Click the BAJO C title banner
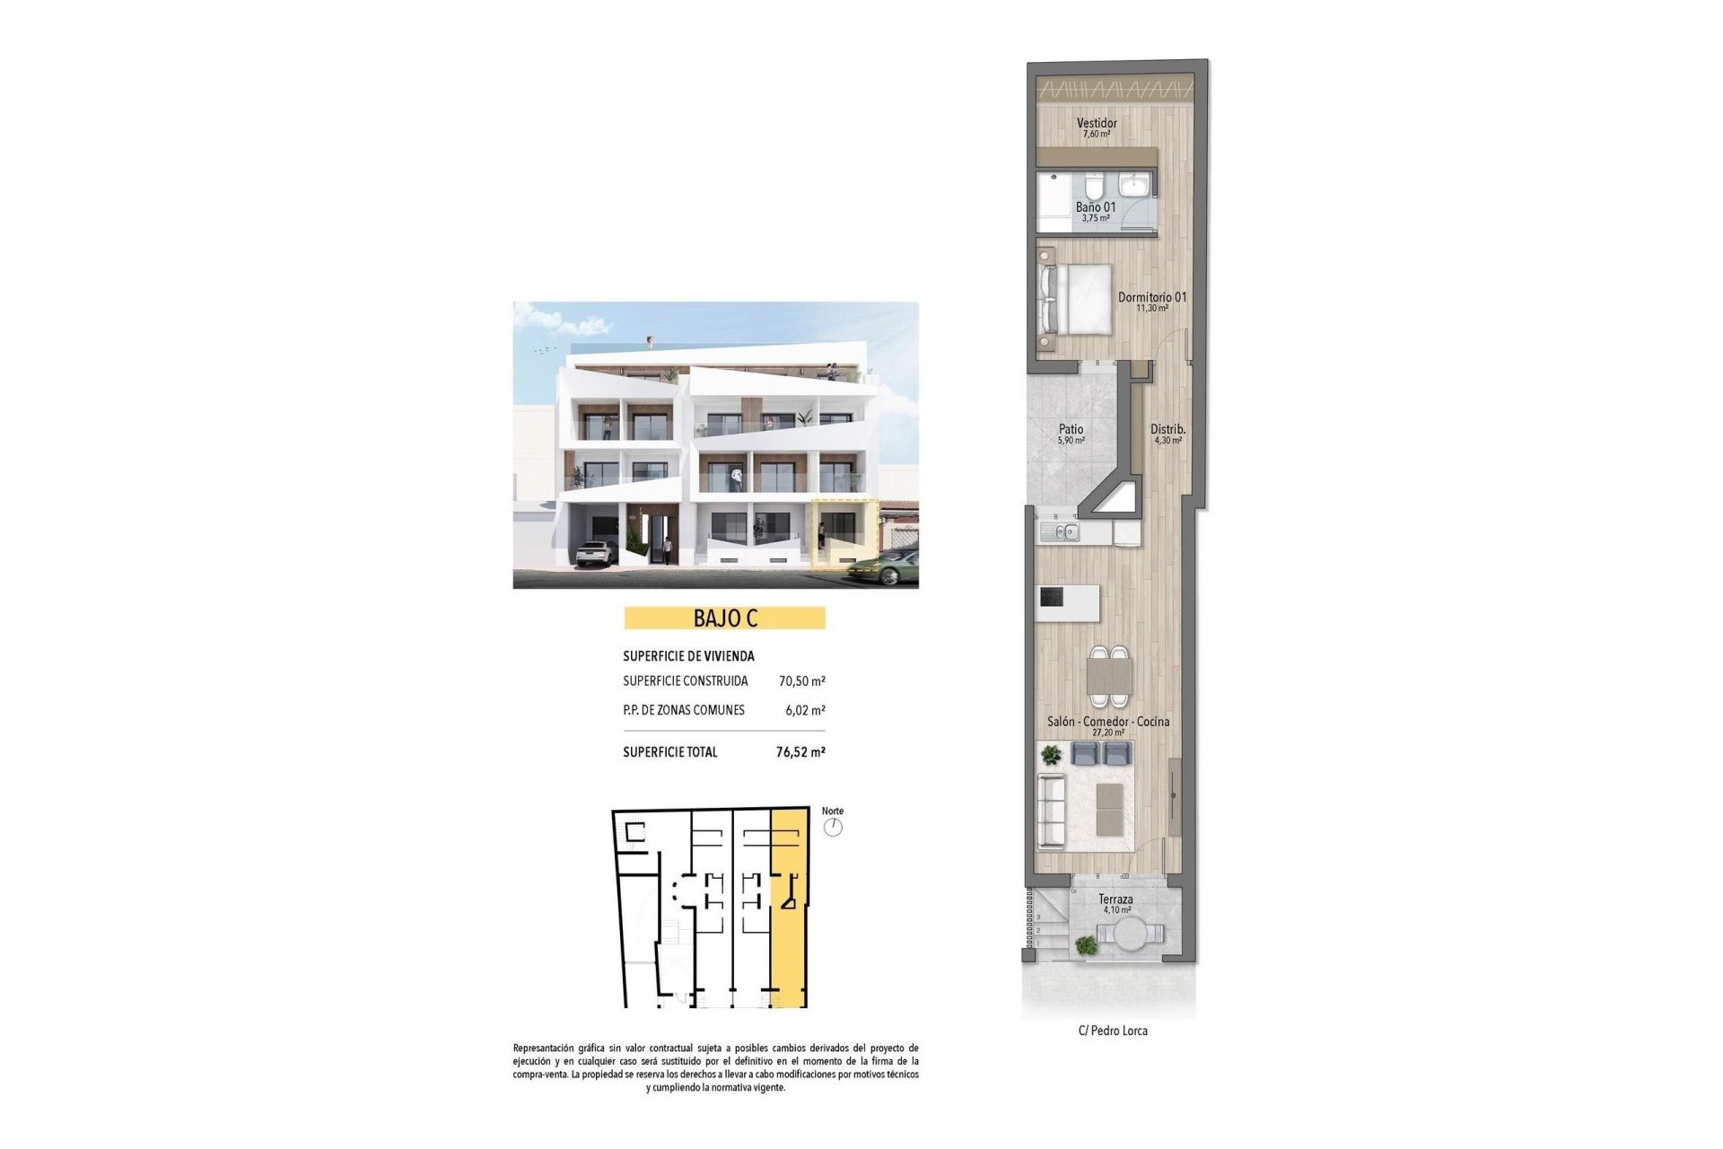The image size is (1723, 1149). (x=724, y=618)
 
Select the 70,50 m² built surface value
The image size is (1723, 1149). (x=801, y=681)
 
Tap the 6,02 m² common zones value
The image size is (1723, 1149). (x=805, y=710)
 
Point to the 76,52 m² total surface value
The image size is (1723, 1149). (x=800, y=752)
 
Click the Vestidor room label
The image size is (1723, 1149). (x=1097, y=124)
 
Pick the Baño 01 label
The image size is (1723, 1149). (x=1096, y=207)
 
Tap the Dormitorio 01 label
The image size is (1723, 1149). (x=1152, y=297)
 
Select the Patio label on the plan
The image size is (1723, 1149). (x=1071, y=430)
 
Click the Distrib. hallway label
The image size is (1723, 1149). (x=1168, y=430)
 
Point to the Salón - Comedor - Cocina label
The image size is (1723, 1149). (x=1108, y=722)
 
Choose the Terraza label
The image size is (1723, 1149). (x=1115, y=899)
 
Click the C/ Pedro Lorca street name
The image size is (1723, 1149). (x=1113, y=1031)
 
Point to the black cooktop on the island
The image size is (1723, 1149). (x=1052, y=596)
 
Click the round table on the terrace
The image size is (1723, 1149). (x=1130, y=934)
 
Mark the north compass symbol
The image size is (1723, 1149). (x=834, y=827)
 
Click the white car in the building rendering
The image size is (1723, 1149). (x=595, y=553)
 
